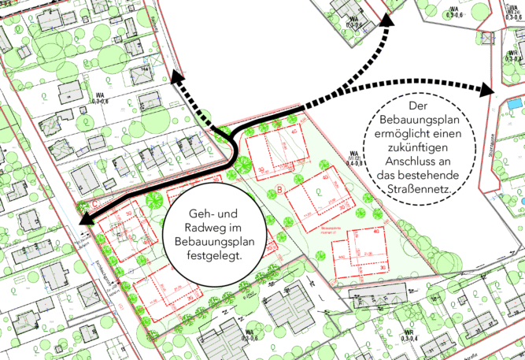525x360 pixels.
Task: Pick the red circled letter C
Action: pyautogui.click(x=95, y=203)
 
